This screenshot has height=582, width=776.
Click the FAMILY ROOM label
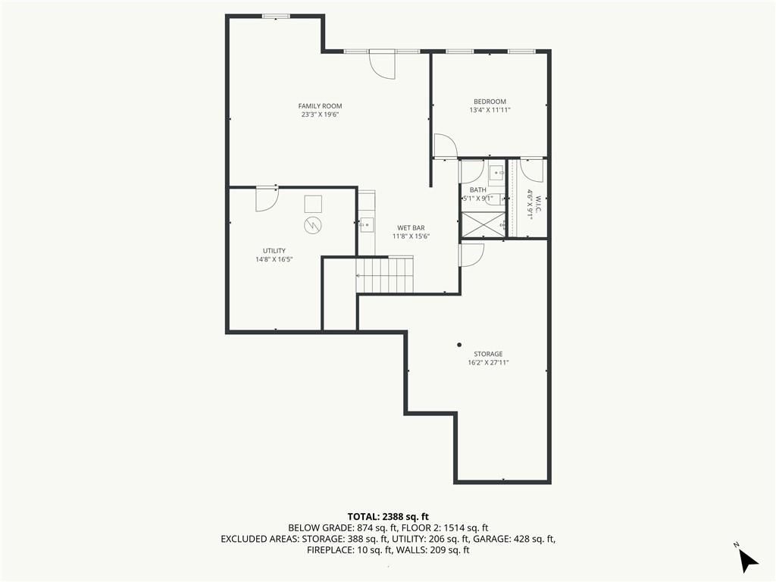[320, 106]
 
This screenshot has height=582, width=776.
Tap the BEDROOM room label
[490, 102]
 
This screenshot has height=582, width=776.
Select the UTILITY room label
[274, 251]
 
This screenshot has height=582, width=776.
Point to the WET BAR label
[411, 227]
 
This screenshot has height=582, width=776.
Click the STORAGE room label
[488, 354]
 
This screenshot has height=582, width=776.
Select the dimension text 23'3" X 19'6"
[320, 115]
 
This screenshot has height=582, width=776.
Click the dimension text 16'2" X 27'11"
[488, 363]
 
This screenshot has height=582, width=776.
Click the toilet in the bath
[494, 200]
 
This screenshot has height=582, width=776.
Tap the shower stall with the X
[483, 224]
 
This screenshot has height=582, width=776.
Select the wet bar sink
[366, 224]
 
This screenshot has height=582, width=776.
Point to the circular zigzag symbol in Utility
[313, 225]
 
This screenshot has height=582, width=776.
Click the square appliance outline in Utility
[313, 203]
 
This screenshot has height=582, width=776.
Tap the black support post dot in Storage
[459, 345]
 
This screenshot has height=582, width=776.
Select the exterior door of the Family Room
[382, 64]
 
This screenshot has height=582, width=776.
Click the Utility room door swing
[266, 198]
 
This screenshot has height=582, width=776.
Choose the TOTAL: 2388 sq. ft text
[388, 517]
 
